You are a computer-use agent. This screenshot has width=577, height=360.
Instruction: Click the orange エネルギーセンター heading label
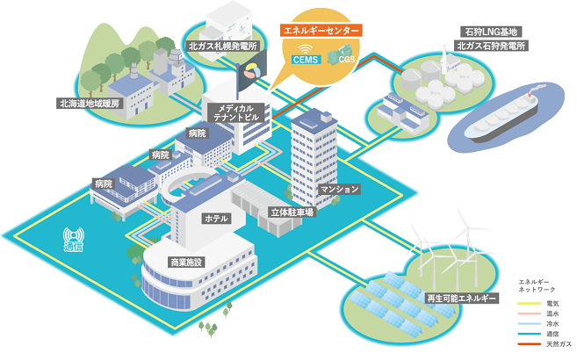pyautogui.click(x=321, y=30)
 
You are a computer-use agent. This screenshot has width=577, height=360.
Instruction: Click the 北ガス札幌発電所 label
pyautogui.click(x=222, y=45)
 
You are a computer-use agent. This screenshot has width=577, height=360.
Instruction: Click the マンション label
pyautogui.click(x=340, y=189)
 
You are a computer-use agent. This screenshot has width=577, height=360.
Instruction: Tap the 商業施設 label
pyautogui.click(x=185, y=263)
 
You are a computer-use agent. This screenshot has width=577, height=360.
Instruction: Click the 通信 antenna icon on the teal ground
pyautogui.click(x=74, y=238)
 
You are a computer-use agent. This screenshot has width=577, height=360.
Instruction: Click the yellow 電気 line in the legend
pyautogui.click(x=528, y=303)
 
